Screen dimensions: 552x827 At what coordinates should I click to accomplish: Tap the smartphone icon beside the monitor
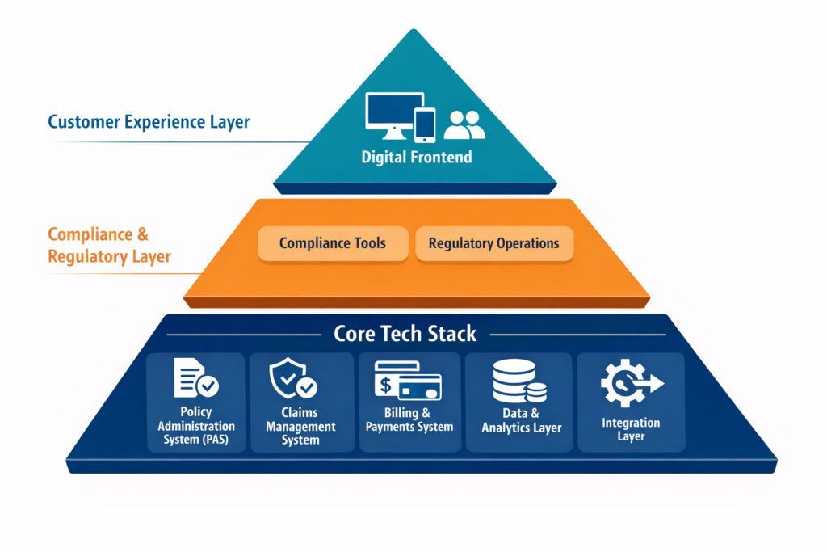(425, 124)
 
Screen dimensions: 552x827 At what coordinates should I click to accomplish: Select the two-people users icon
(464, 124)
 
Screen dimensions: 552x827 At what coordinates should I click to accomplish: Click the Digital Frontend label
(416, 157)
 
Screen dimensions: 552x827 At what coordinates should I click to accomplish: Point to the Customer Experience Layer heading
(149, 122)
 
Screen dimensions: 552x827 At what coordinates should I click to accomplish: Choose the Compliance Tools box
(333, 243)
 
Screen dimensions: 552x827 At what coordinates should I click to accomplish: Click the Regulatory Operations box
(493, 243)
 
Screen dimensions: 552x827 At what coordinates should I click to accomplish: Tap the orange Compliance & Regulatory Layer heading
(109, 246)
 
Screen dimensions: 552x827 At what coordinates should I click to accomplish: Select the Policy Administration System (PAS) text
(196, 426)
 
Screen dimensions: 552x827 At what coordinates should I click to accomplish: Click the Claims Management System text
(300, 426)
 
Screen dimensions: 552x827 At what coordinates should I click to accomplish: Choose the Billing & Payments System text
(409, 420)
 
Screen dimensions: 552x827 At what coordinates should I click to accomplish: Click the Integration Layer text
(631, 429)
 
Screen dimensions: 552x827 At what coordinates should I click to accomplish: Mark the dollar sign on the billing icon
(386, 386)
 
